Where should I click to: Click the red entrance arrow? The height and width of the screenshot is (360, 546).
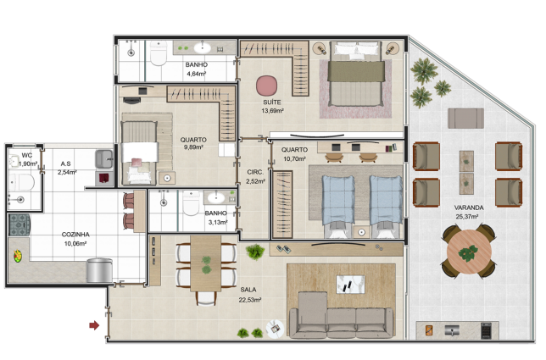pos(94,325)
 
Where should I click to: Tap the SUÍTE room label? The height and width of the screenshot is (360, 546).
pos(272,102)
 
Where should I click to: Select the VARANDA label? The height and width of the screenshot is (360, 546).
pos(469,208)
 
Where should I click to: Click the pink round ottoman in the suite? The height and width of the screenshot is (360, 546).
pos(267,86)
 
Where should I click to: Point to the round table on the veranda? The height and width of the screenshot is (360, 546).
pos(469,252)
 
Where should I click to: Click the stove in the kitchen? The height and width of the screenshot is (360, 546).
pos(19,225)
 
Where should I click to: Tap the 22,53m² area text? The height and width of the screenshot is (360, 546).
pos(249,300)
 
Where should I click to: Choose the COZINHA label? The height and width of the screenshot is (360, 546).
pos(75,235)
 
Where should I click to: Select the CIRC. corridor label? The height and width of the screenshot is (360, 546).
pos(255,172)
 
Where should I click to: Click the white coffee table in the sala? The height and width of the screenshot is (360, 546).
pos(350,284)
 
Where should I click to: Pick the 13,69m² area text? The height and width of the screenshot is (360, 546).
pos(272,111)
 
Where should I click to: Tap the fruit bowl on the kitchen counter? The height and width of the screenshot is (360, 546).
pos(18,256)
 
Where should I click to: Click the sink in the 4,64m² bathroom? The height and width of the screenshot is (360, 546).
pos(203,47)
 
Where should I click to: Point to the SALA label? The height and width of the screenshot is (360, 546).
pos(248,290)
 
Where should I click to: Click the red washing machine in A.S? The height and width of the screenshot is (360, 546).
pos(104,179)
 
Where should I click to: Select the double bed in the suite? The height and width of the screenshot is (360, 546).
pos(357,74)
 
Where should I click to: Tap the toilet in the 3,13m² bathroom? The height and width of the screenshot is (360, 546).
pos(191,204)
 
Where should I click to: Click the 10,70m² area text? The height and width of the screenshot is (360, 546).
pos(294,159)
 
